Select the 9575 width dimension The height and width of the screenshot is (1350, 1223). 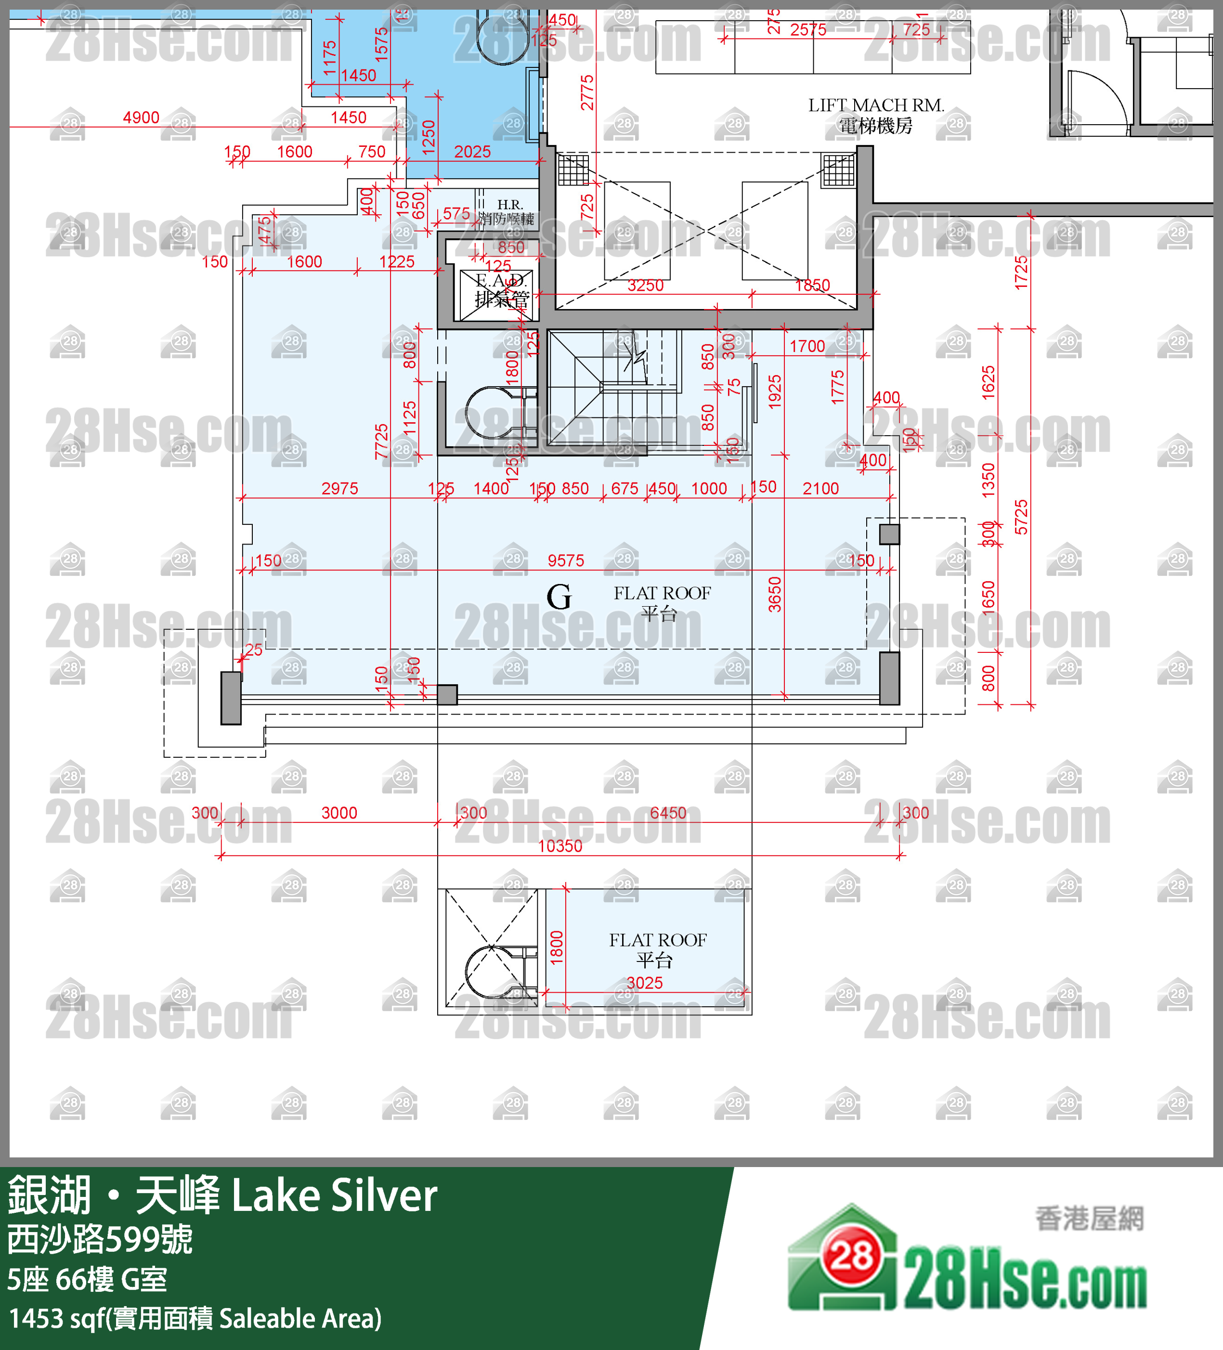(x=566, y=560)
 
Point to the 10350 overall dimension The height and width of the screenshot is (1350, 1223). (x=560, y=846)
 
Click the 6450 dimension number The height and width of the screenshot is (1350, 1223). (x=668, y=813)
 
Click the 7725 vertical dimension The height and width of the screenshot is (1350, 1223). (x=381, y=441)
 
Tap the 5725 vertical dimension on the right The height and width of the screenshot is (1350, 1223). (x=1021, y=517)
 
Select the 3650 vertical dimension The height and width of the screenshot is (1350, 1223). (x=774, y=594)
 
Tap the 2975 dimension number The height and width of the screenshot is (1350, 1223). (x=339, y=489)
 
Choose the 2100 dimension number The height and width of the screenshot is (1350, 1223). (x=820, y=489)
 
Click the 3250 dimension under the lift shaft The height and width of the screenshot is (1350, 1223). (x=645, y=286)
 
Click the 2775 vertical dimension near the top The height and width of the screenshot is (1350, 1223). (x=587, y=92)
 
